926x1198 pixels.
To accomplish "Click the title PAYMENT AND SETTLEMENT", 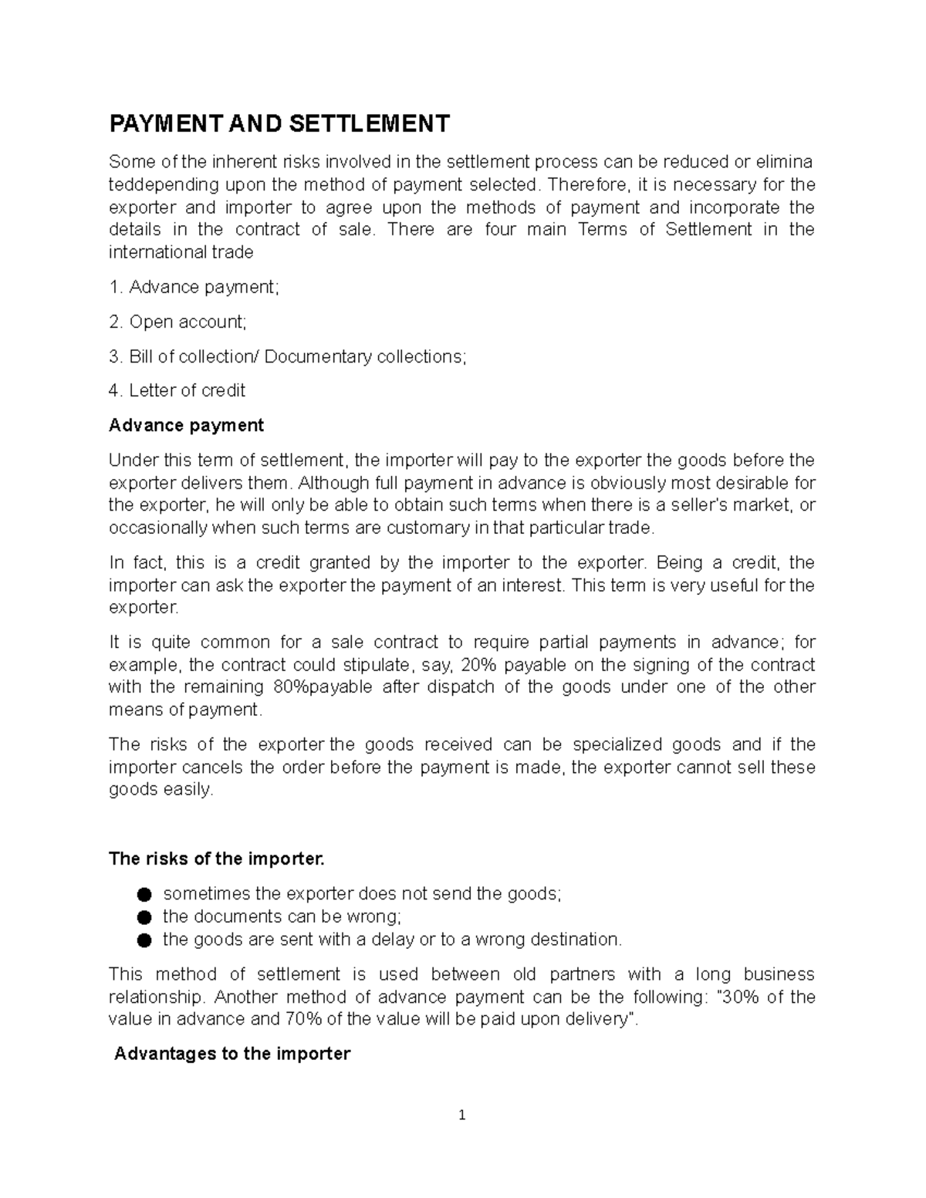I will coord(279,123).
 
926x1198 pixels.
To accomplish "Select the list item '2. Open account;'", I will coord(178,322).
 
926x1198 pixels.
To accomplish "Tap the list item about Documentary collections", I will coord(288,356).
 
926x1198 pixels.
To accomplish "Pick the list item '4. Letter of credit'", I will coord(177,391).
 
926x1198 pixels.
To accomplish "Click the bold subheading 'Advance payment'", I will coord(186,425).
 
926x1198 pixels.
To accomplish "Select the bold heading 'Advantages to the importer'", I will coord(232,1054).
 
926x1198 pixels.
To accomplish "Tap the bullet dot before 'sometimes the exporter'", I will coord(143,895).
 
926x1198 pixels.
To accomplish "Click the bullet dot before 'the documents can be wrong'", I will coord(143,917).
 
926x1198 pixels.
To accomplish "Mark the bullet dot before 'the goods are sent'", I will coord(143,940).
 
